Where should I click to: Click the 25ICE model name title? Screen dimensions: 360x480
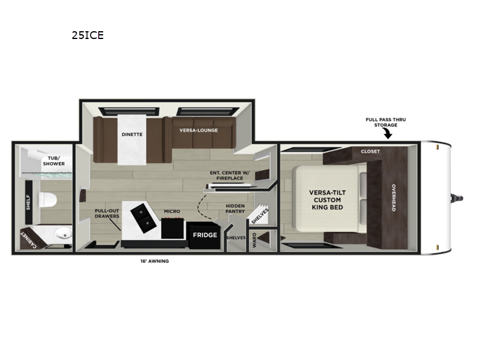[x=88, y=35]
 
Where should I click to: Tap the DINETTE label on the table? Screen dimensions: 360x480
[x=132, y=134]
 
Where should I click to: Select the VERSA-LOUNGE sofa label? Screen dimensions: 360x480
[x=199, y=130]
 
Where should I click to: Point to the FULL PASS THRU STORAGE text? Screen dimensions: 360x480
[x=386, y=122]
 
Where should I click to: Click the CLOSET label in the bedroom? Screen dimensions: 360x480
[x=370, y=152]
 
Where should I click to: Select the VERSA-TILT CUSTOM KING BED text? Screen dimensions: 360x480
[x=325, y=200]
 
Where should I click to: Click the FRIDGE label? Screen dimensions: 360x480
[x=205, y=235]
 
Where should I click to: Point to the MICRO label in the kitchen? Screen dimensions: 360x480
[x=173, y=211]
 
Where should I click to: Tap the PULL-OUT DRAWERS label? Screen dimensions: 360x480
[x=107, y=214]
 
